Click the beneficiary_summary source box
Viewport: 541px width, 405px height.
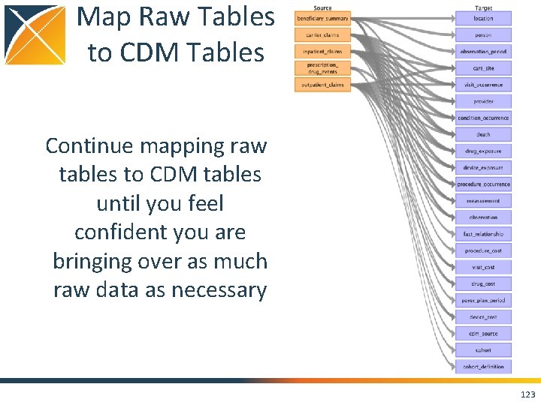(322, 18)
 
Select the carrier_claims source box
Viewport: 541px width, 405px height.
(322, 34)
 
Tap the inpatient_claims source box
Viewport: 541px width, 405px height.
(322, 51)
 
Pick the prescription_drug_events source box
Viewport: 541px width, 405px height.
(322, 68)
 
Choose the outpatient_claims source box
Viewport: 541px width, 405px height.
(322, 85)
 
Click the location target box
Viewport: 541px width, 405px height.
(483, 18)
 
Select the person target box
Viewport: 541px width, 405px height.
(483, 34)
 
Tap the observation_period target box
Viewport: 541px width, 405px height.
(483, 52)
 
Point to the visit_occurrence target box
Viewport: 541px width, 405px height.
(483, 85)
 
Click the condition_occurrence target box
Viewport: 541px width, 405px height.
(483, 118)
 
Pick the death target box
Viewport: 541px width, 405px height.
(483, 134)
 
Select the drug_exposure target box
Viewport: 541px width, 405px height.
(483, 151)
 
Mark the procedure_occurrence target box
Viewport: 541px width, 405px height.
(483, 184)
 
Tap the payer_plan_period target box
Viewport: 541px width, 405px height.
(483, 300)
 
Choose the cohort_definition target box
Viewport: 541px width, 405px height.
(483, 367)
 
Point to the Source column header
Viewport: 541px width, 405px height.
(322, 7)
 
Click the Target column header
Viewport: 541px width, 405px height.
(483, 7)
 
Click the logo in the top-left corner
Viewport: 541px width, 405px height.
(35, 34)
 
